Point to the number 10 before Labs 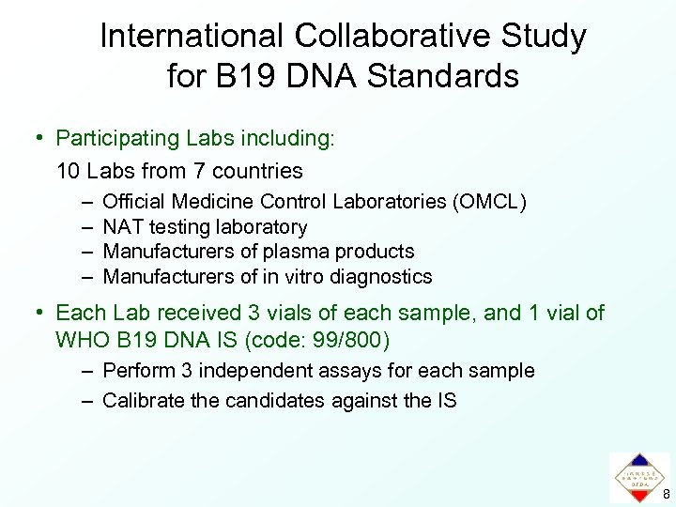click(x=68, y=171)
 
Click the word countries click(x=257, y=171)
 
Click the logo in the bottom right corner click(x=638, y=476)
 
